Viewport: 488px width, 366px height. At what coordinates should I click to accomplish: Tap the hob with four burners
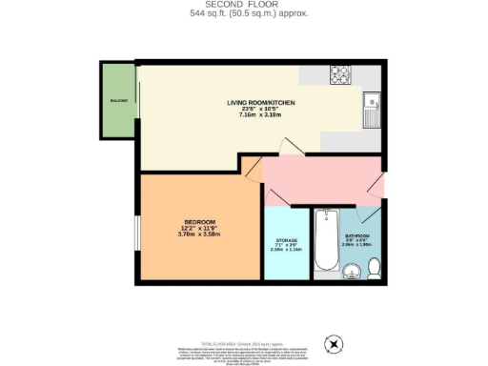341,74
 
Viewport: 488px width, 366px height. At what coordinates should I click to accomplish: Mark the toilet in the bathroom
375,273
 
